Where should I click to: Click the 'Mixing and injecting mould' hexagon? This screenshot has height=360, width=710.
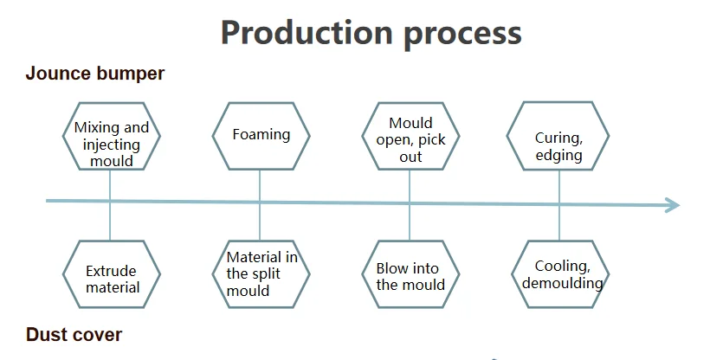[x=112, y=137]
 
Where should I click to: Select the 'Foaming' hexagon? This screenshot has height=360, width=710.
[x=261, y=137]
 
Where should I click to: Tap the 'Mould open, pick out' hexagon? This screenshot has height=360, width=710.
[x=410, y=137]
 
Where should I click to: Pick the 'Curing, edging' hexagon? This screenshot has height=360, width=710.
[x=558, y=137]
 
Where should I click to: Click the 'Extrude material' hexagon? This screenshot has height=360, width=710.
[x=112, y=274]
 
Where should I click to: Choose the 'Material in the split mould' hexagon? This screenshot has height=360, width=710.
[x=261, y=274]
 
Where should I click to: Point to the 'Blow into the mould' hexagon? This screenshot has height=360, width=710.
[x=410, y=274]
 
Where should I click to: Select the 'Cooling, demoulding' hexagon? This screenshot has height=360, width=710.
[x=560, y=274]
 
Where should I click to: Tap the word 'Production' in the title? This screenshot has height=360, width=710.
[x=307, y=33]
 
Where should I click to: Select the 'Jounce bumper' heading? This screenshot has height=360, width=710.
[x=95, y=74]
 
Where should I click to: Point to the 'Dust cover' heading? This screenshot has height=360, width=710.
[x=74, y=335]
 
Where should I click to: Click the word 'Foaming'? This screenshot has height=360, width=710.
[x=261, y=134]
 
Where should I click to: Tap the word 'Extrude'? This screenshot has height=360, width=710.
[x=111, y=271]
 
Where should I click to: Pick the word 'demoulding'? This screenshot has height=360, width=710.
[x=563, y=284]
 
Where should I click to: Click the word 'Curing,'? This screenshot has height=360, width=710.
[x=558, y=138]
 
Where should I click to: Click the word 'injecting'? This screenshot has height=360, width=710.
[x=112, y=145]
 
